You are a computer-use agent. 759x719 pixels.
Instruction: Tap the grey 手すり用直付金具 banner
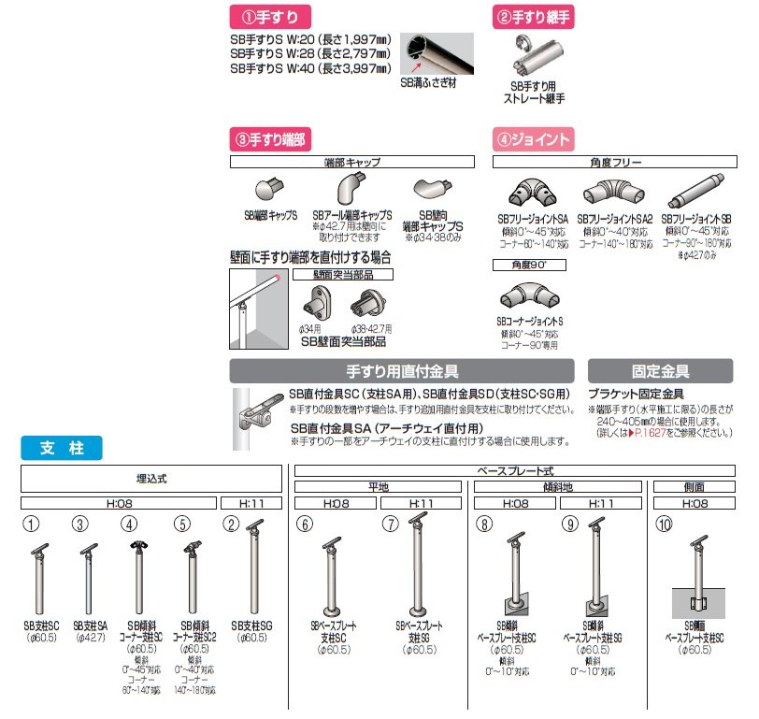[402, 371]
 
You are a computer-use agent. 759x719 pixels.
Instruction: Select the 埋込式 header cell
[151, 478]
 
